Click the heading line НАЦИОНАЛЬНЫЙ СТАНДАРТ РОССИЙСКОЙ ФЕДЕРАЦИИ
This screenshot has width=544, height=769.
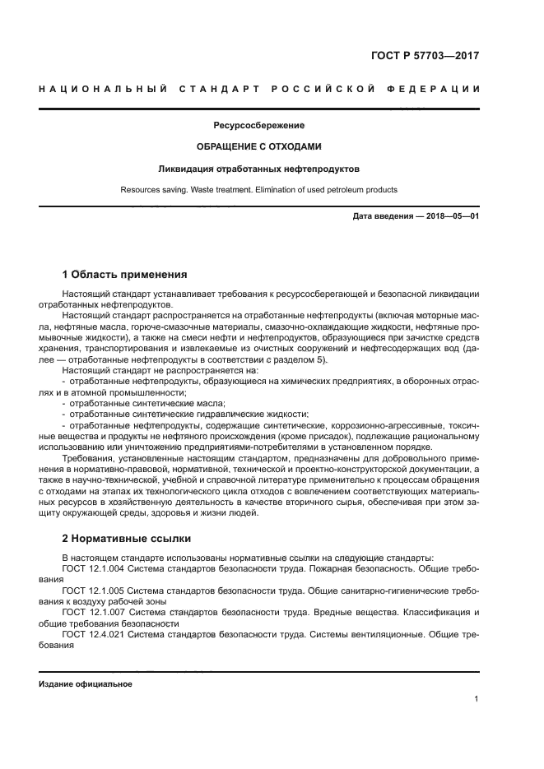coord(259,89)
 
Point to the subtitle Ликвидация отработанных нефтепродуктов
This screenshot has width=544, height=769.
coord(259,169)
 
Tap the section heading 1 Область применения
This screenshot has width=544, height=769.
coord(124,274)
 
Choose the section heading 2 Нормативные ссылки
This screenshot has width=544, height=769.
coord(127,539)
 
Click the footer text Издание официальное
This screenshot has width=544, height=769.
coord(86,684)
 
